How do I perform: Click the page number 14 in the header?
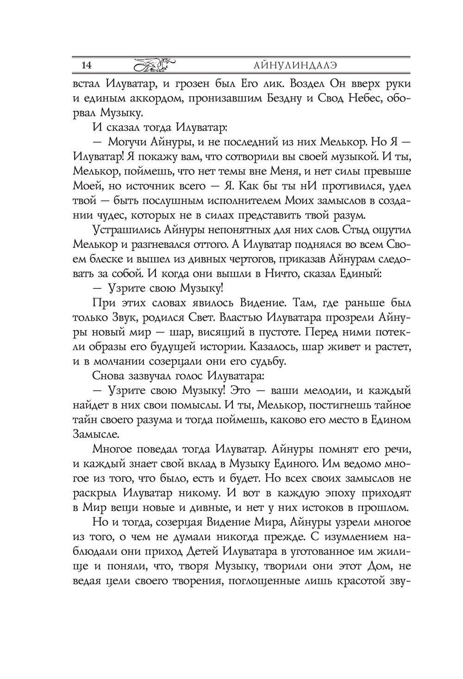pos(86,65)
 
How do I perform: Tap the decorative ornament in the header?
pos(155,65)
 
